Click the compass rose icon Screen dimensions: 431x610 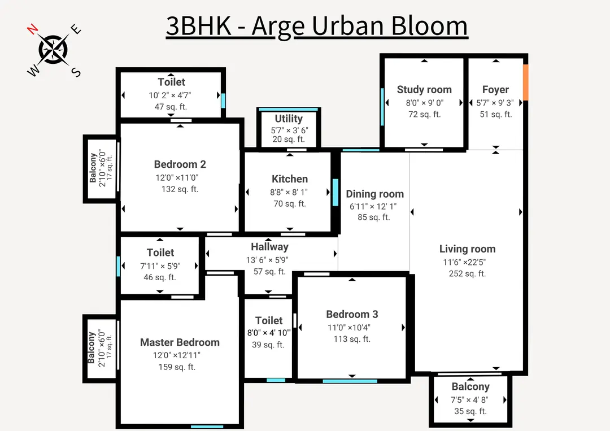[x=54, y=49]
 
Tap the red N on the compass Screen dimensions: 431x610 [x=33, y=29]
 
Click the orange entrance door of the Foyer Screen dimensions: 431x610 [x=525, y=83]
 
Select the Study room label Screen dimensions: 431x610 [x=424, y=89]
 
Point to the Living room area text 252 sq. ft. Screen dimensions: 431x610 [x=467, y=273]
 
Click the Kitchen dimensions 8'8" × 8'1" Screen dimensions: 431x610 [x=289, y=192]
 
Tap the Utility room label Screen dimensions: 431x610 [x=289, y=119]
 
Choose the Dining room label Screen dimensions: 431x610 [x=374, y=194]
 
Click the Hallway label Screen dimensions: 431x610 [x=269, y=247]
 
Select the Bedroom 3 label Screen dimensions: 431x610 [x=352, y=314]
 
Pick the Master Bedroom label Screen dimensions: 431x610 [x=180, y=342]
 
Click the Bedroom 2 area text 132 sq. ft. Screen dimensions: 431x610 [x=180, y=189]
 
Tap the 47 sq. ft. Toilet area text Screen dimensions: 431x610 [x=171, y=106]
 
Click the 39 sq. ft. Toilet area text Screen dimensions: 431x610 [x=268, y=345]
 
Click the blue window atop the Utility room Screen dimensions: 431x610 [x=288, y=109]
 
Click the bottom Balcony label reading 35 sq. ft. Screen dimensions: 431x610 [x=470, y=387]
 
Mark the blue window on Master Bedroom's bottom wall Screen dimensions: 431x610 [x=207, y=426]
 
